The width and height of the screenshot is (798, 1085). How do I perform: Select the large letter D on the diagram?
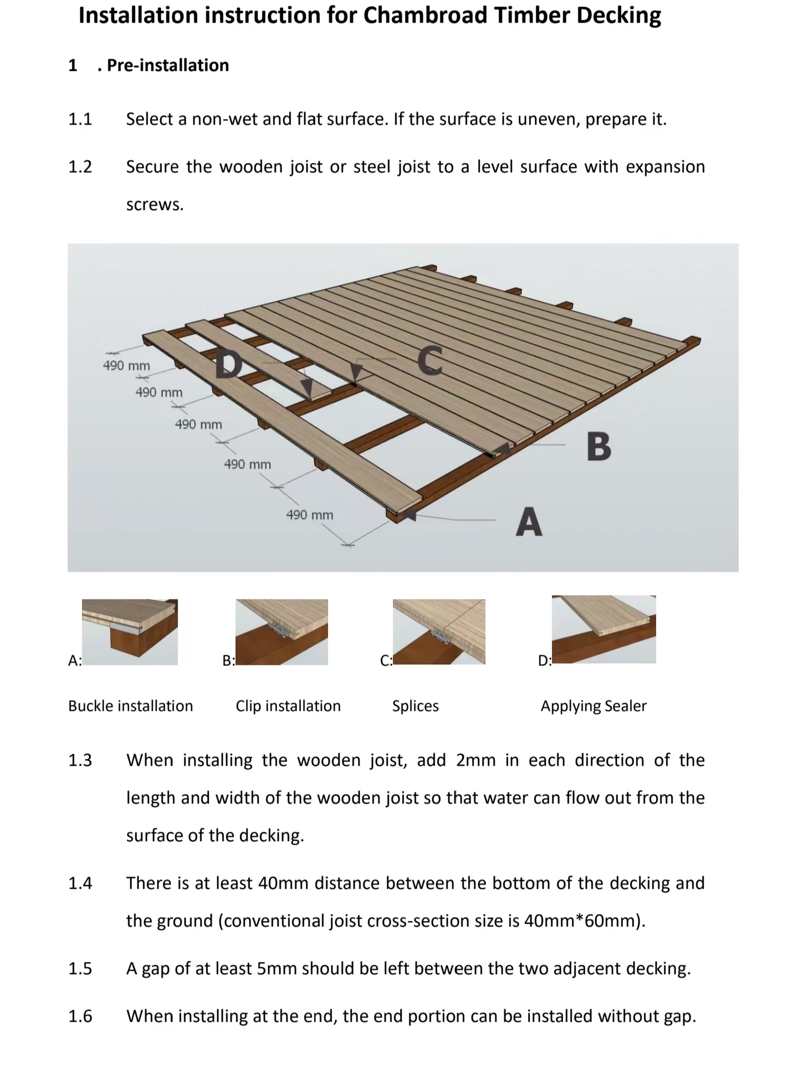(229, 365)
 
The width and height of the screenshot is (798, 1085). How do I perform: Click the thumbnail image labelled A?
(130, 632)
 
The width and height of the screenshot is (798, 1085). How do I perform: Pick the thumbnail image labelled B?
(282, 632)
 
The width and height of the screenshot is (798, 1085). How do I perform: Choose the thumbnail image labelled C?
(439, 632)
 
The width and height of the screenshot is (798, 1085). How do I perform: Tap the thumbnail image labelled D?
(603, 629)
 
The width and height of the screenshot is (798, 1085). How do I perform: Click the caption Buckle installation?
(131, 706)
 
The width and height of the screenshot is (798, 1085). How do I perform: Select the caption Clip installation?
(288, 706)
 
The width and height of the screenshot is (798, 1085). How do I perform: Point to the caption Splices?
(415, 706)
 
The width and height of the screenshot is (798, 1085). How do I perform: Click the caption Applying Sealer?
(594, 706)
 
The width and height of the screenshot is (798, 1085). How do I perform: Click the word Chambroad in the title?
(424, 16)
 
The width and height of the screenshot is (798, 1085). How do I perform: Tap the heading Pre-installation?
(167, 65)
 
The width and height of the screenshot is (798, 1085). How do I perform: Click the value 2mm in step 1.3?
(475, 760)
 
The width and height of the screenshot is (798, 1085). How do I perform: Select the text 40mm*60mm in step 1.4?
(582, 920)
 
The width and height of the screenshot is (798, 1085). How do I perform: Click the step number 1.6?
(80, 1016)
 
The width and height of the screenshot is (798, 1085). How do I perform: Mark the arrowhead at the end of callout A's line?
(409, 515)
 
